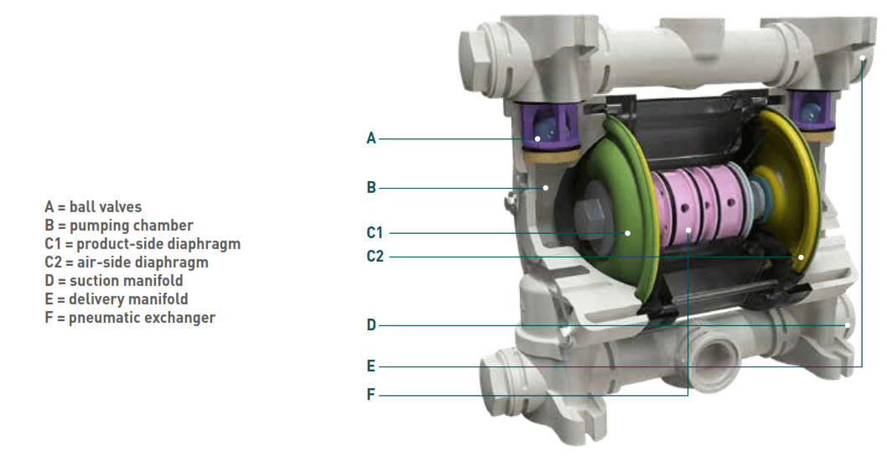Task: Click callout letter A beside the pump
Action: tap(371, 138)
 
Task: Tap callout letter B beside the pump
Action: tap(371, 188)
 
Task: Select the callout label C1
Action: tap(375, 232)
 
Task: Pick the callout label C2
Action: tap(375, 257)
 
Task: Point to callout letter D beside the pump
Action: tap(371, 325)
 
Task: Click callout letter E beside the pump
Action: tap(371, 366)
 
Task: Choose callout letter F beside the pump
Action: tap(371, 395)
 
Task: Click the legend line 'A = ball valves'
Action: tap(93, 206)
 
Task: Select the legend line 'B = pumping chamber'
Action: tap(119, 226)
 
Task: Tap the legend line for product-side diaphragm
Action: tap(143, 244)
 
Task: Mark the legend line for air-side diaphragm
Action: tap(127, 262)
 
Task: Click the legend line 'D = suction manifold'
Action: tap(114, 281)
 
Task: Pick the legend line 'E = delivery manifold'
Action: tap(117, 299)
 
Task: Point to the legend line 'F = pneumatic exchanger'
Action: tap(130, 318)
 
